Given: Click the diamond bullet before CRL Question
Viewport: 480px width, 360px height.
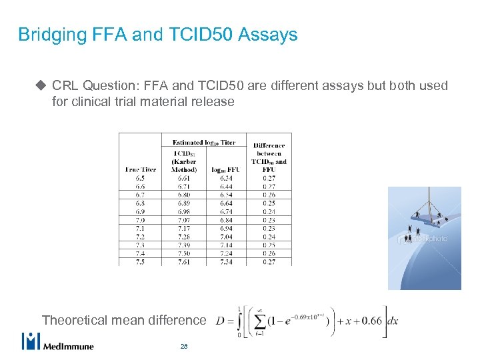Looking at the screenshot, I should pyautogui.click(x=41, y=86).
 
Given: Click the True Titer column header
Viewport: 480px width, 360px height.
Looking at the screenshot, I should pyautogui.click(x=140, y=169).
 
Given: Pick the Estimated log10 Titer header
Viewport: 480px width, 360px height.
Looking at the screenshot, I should pyautogui.click(x=203, y=142).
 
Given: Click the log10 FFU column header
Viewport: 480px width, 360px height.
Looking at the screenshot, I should pyautogui.click(x=226, y=169).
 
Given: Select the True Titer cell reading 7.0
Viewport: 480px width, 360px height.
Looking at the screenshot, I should pyautogui.click(x=140, y=220).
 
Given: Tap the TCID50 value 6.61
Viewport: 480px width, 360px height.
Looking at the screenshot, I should pyautogui.click(x=184, y=178).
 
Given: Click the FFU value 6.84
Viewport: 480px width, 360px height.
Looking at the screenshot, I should pyautogui.click(x=226, y=220).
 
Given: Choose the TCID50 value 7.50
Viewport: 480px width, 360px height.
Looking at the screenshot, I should pyautogui.click(x=184, y=253).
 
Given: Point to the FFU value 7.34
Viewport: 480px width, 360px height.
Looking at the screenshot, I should pyautogui.click(x=226, y=262).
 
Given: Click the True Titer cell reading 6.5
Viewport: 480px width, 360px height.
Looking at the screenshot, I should pyautogui.click(x=140, y=178).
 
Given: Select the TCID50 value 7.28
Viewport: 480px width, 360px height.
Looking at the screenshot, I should pyautogui.click(x=184, y=237).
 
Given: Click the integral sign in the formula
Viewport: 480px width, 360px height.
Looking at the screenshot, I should pyautogui.click(x=240, y=321).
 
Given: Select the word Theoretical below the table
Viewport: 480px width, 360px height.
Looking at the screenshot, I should pyautogui.click(x=74, y=320).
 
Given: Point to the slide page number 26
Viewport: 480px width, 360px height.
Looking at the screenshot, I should pyautogui.click(x=184, y=347).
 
